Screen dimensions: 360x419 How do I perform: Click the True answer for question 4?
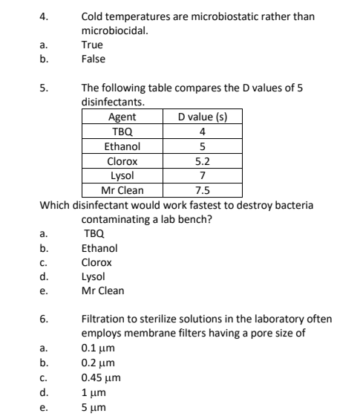pos(93,45)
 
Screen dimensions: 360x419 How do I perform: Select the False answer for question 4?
pos(94,58)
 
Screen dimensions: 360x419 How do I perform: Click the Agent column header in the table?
pos(122,117)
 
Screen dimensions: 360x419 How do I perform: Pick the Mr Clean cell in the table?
pos(122,189)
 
